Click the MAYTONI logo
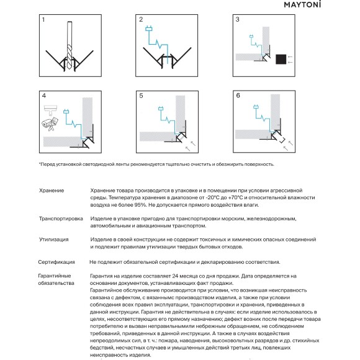(x=302, y=4)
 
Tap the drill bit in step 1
(x=70, y=46)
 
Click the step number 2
(x=141, y=19)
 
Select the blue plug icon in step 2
(x=149, y=29)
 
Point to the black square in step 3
(x=281, y=59)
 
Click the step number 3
(x=237, y=19)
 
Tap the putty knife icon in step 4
(x=50, y=110)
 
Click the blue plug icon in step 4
(x=66, y=112)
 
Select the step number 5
(x=141, y=96)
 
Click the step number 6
(x=238, y=96)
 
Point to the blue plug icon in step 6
(x=256, y=107)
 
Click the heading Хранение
(x=52, y=191)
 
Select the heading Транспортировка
(x=61, y=218)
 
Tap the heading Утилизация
(x=54, y=240)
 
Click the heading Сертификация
(x=56, y=262)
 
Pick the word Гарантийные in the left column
(x=55, y=276)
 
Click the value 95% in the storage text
(x=140, y=205)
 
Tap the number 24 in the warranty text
(x=175, y=276)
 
